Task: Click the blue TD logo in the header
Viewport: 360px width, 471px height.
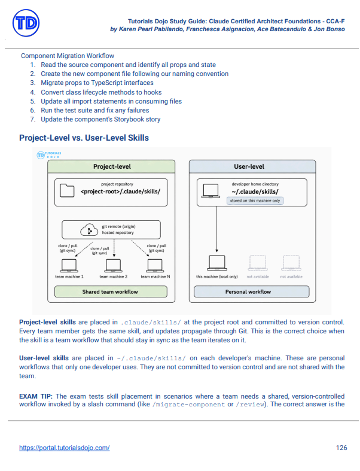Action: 26,23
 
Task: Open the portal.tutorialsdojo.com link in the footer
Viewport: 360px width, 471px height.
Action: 64,448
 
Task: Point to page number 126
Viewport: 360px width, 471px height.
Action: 341,448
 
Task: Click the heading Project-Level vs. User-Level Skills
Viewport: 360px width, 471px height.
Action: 84,138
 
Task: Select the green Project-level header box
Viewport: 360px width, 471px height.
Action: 111,166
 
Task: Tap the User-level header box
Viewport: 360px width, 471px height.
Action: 252,166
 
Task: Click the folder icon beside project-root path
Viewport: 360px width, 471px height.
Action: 67,190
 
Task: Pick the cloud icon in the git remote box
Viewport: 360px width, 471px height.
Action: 89,230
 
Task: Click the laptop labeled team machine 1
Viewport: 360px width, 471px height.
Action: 69,266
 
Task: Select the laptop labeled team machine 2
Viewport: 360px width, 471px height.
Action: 114,266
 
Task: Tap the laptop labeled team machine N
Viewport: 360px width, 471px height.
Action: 155,266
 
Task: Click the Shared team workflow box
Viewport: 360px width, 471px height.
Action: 111,291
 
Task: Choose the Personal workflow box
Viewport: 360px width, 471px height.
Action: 252,291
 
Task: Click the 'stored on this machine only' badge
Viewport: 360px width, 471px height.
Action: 255,200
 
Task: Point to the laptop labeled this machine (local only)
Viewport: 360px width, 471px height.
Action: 217,263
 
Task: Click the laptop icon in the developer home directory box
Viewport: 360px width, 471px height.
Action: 210,191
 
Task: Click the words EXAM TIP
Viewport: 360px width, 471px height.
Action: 36,396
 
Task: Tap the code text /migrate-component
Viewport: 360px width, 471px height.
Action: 188,405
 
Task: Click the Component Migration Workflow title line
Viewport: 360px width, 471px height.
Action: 68,56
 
